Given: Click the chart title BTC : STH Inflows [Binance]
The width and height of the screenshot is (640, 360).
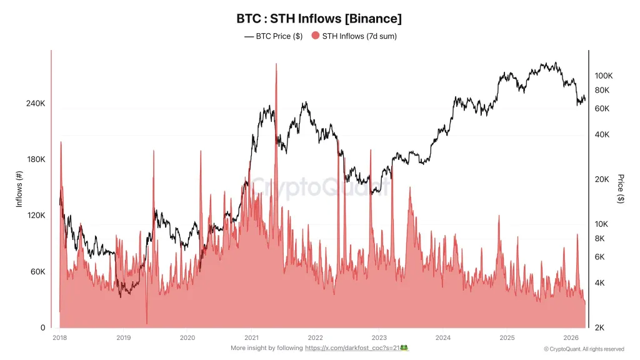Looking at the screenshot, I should (319, 19).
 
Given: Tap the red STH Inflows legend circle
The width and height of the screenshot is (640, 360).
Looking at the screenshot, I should (315, 36).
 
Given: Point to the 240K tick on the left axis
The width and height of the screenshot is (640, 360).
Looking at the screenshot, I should (36, 103).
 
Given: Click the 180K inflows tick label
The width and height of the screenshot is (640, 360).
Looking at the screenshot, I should (36, 159).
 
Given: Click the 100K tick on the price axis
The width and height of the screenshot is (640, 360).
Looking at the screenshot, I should (604, 76).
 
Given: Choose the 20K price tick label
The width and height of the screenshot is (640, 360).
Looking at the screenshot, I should (602, 179).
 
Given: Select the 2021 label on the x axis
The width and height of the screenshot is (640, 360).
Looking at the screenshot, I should (251, 338).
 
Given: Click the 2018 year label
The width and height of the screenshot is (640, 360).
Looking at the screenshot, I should (60, 338).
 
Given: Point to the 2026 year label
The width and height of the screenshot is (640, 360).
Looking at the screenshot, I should (571, 338).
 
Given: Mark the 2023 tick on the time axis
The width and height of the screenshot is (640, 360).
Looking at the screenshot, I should (379, 338).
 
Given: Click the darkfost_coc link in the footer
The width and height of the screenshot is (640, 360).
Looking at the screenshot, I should (352, 348).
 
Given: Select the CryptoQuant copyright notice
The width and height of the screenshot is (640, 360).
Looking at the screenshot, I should (584, 349).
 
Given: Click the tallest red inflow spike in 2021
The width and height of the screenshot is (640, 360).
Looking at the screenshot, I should (276, 66).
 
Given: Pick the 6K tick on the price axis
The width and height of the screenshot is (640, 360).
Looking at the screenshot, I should (600, 257).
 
